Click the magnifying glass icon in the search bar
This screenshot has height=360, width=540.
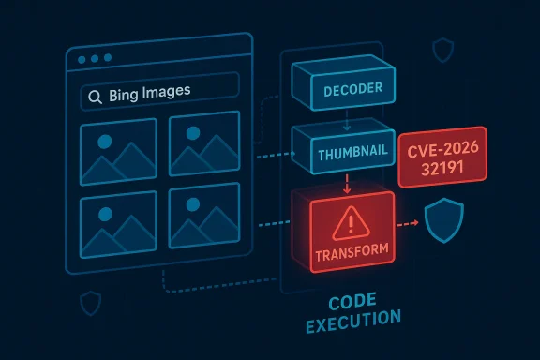94,95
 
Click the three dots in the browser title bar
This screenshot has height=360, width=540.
94,59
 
